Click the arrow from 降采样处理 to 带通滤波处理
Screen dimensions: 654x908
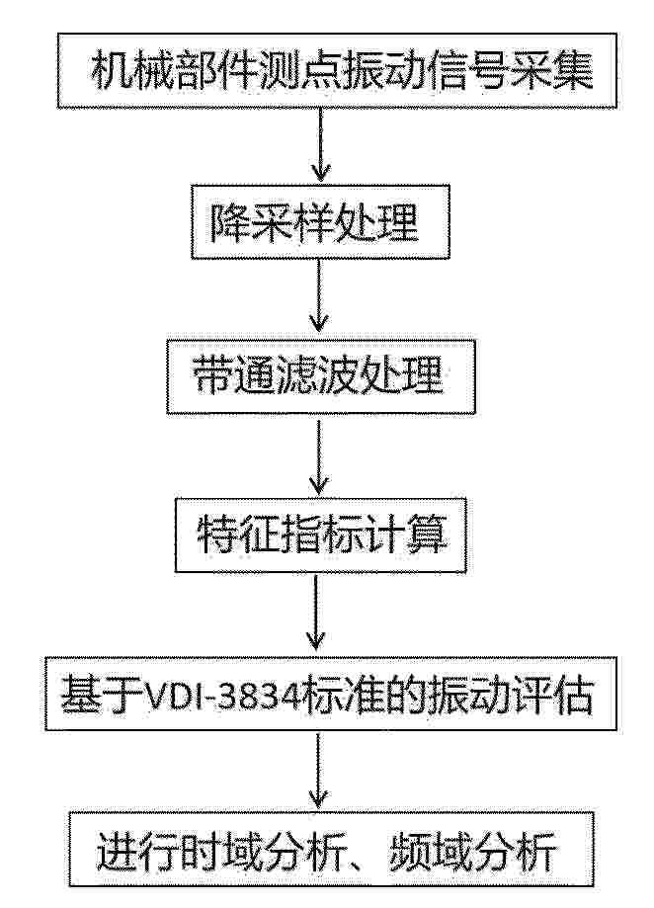[319, 295]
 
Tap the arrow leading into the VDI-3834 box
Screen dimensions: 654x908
[316, 612]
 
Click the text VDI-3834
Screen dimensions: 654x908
[223, 694]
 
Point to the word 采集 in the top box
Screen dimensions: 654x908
[552, 71]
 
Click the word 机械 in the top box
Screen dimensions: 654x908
[132, 71]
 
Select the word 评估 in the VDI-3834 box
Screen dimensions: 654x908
[552, 694]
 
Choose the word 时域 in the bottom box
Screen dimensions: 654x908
[220, 850]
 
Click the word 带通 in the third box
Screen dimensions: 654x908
[233, 375]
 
